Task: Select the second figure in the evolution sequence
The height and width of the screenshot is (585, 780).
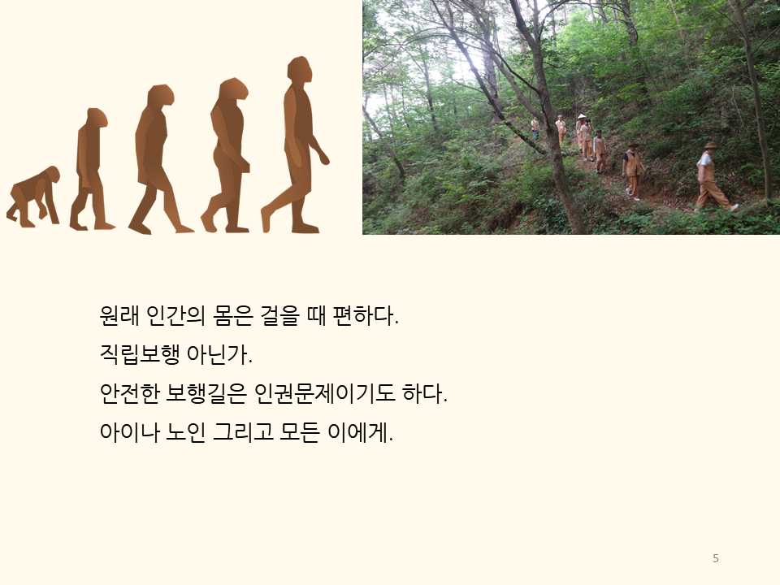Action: coord(91,169)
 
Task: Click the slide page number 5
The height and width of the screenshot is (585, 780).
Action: coord(715,558)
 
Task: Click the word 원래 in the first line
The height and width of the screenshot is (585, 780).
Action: coord(119,315)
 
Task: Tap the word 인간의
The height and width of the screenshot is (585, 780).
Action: coord(175,315)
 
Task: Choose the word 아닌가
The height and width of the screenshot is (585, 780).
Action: coord(219,354)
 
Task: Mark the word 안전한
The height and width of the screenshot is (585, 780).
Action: coord(129,393)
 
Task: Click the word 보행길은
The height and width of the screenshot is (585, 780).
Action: coord(206,393)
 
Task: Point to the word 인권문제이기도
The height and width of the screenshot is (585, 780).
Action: coord(324,393)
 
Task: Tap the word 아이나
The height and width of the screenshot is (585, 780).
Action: coord(129,431)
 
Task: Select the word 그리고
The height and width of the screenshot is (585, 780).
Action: coord(243,431)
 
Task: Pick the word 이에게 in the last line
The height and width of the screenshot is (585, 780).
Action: coord(360,431)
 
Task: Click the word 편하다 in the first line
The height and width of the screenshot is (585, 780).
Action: coord(366,315)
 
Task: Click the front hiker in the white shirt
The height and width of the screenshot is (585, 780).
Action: coord(713,176)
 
